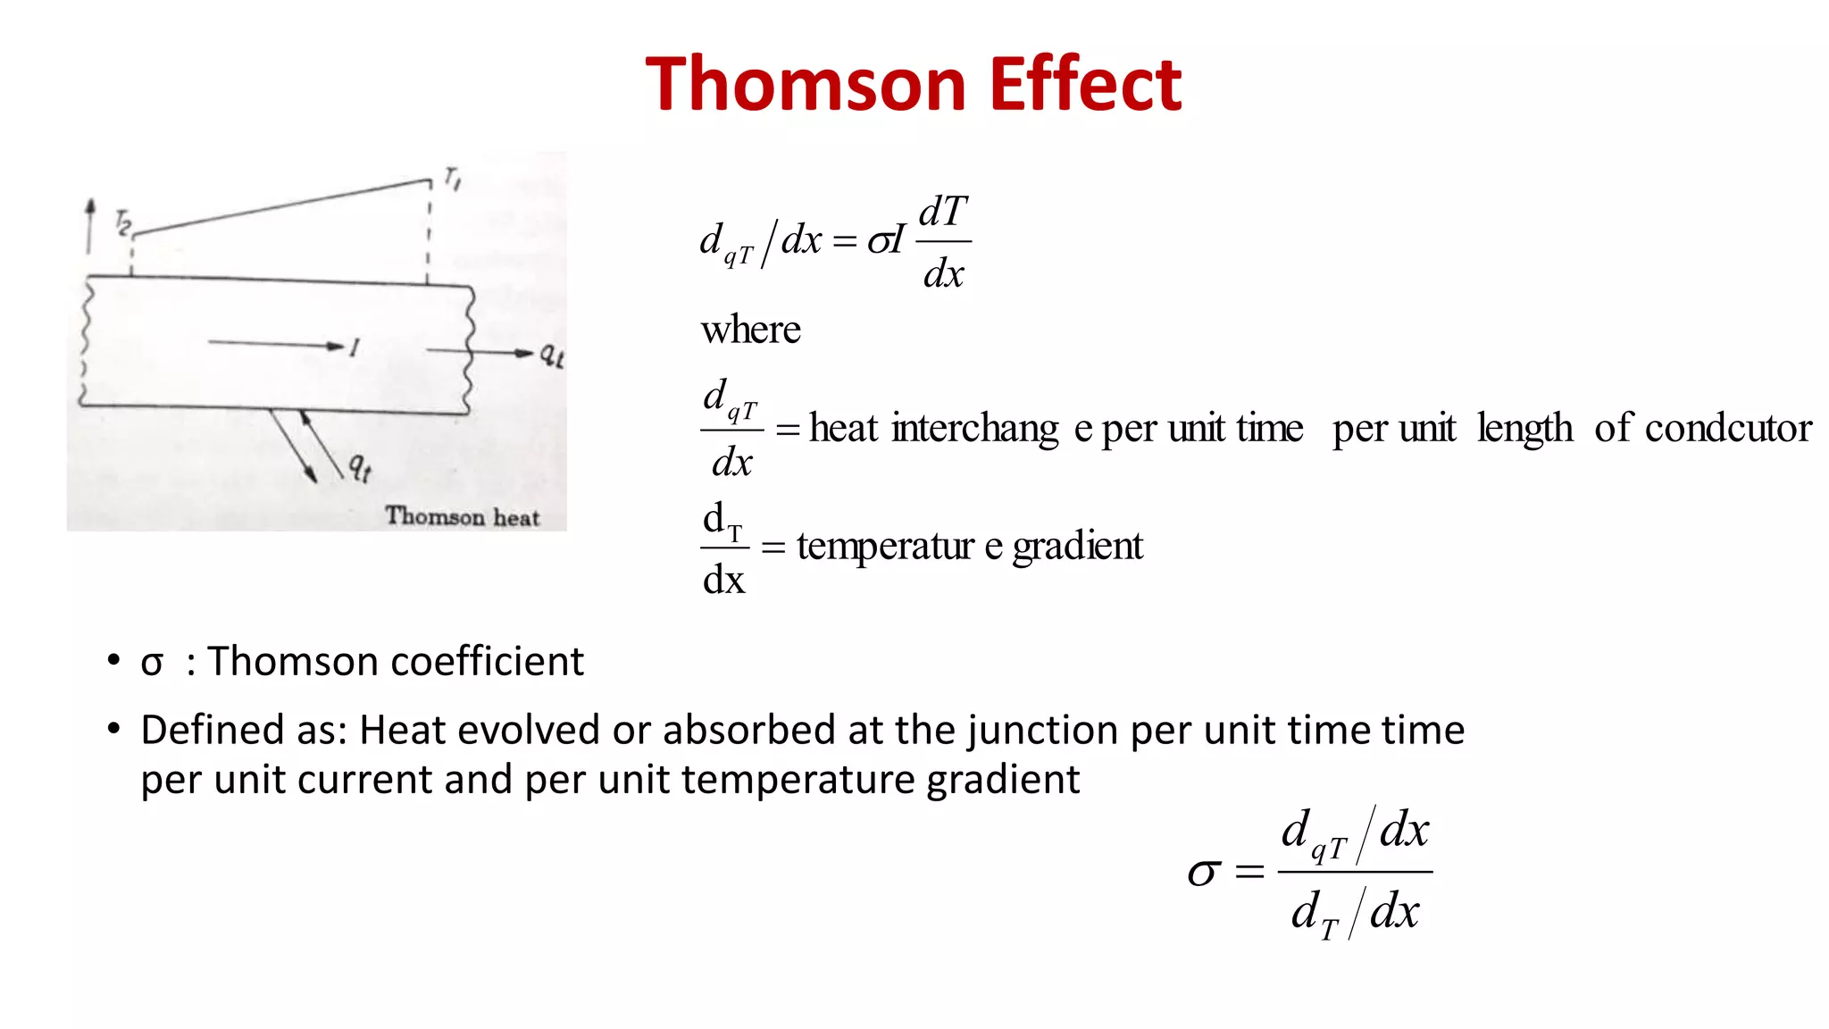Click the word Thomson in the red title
point(806,84)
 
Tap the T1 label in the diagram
point(453,179)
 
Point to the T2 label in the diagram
point(123,222)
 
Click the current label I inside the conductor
point(355,347)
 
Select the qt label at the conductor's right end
point(551,355)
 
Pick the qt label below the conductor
point(359,466)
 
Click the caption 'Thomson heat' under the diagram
point(463,516)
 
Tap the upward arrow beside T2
point(89,225)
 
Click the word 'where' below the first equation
point(750,330)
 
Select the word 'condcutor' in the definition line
point(1728,428)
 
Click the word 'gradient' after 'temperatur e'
point(1077,545)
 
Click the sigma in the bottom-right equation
point(1204,872)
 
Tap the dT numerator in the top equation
point(943,213)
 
